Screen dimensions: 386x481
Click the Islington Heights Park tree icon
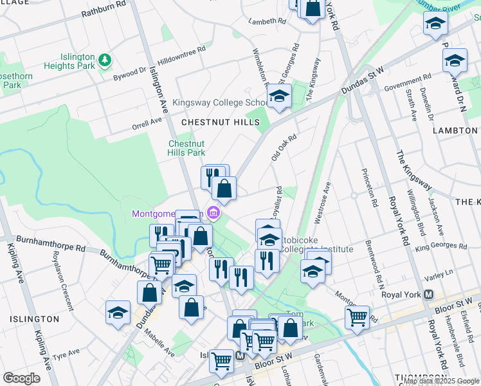(x=105, y=60)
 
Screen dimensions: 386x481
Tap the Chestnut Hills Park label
(x=186, y=148)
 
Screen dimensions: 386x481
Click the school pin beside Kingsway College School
(x=279, y=96)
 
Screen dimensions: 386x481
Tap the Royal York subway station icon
(x=428, y=295)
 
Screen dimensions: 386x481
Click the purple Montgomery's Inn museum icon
(x=214, y=214)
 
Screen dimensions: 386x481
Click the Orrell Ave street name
(x=146, y=122)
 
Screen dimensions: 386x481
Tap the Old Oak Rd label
(x=284, y=147)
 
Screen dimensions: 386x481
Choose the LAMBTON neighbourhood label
(x=455, y=131)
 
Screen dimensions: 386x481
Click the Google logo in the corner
(x=22, y=378)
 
